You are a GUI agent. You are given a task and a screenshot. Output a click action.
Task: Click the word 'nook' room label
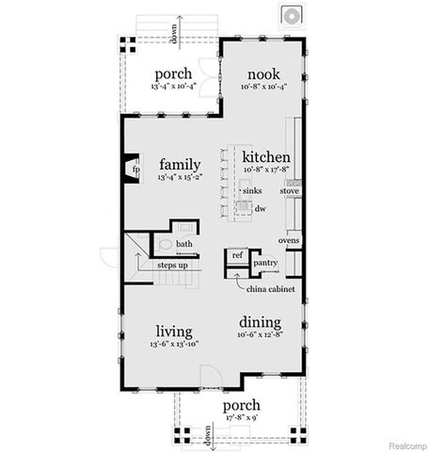(x=263, y=74)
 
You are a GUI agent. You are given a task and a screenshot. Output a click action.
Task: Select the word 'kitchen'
(x=265, y=156)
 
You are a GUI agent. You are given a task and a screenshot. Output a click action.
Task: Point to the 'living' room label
(x=175, y=331)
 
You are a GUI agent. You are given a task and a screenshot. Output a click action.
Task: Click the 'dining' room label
(x=259, y=320)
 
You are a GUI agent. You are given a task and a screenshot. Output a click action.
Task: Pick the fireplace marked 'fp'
(x=133, y=170)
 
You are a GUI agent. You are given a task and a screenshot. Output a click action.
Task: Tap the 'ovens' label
(x=288, y=240)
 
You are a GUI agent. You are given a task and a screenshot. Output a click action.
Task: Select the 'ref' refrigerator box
(x=237, y=254)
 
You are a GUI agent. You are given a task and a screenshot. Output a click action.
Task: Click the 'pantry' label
(x=265, y=264)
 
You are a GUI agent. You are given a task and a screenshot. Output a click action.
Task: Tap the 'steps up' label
(x=172, y=266)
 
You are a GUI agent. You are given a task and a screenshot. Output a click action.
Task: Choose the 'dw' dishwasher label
(x=260, y=209)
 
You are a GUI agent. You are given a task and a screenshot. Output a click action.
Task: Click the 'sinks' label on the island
(x=252, y=190)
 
